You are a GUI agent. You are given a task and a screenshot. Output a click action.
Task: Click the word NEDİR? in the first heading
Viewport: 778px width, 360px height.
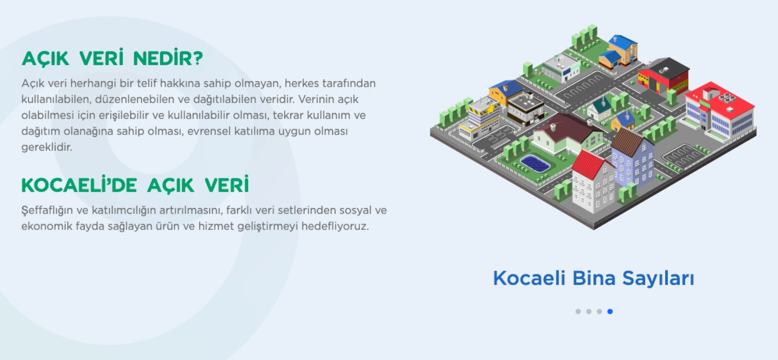[168, 58]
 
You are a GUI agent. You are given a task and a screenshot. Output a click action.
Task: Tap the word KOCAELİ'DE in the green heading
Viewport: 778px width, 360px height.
[79, 185]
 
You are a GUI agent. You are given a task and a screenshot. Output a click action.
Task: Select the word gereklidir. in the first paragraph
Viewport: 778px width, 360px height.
[47, 147]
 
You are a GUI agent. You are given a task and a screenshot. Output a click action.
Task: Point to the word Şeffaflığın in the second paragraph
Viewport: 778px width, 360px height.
[47, 211]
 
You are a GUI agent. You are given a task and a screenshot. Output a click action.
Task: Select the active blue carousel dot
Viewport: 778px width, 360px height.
[610, 311]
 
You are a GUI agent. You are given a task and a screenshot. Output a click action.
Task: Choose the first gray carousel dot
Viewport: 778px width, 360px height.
[578, 311]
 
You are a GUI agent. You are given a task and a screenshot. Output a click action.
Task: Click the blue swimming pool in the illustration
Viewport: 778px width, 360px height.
[535, 163]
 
